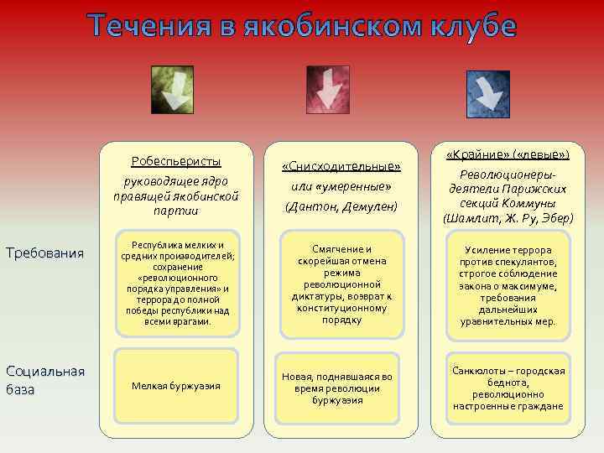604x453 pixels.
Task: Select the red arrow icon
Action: [326, 90]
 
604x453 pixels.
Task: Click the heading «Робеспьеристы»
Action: [176, 160]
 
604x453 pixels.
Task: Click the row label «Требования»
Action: [44, 252]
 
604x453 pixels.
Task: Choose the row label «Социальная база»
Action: [44, 380]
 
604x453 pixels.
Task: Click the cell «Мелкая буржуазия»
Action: [176, 386]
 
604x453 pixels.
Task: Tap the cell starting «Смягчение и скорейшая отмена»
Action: [341, 284]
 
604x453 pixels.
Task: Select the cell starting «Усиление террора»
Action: [508, 285]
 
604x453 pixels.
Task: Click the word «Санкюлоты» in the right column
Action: [480, 371]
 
